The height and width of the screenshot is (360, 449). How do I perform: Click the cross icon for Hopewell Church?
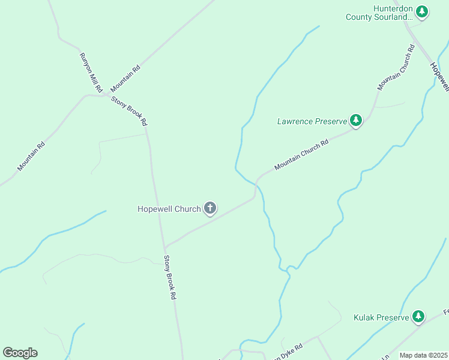(x=209, y=208)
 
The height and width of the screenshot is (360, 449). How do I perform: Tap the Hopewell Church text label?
(x=169, y=209)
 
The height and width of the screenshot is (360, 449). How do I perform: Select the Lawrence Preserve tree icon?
(x=356, y=121)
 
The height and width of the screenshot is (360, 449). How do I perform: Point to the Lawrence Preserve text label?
(x=312, y=121)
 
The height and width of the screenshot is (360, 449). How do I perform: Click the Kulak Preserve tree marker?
(x=418, y=316)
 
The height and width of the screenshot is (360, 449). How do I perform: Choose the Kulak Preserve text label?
(x=381, y=317)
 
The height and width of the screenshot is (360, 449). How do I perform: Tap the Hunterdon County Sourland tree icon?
(x=422, y=11)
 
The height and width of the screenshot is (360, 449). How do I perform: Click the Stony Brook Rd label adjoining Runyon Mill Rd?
(x=130, y=109)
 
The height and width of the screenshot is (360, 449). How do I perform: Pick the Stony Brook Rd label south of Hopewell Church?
(x=170, y=278)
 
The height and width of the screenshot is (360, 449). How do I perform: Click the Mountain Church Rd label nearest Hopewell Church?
(x=301, y=155)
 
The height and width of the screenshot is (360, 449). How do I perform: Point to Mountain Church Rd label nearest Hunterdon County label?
(x=397, y=67)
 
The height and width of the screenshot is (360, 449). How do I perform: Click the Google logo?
(x=20, y=353)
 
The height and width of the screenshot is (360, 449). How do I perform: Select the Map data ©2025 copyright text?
(x=423, y=355)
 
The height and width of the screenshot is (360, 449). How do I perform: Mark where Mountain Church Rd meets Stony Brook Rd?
(x=164, y=247)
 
